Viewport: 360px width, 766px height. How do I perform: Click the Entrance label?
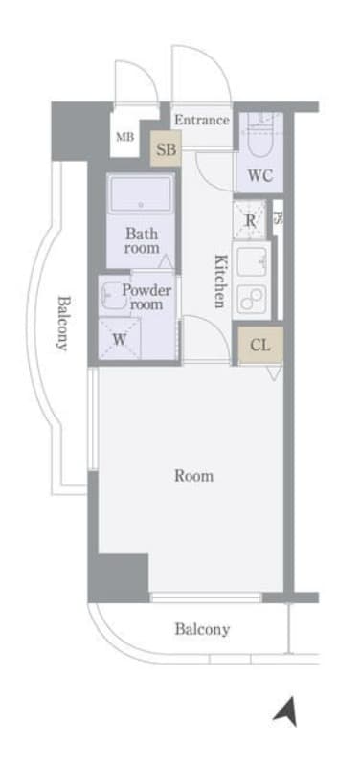[202, 120]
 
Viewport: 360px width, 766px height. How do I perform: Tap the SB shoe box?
[166, 148]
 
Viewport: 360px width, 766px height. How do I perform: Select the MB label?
[125, 137]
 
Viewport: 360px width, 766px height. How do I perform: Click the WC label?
[259, 175]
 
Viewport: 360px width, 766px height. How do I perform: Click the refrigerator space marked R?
[250, 220]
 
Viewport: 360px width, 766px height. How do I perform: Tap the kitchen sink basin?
[253, 261]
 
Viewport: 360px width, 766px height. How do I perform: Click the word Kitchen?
[219, 281]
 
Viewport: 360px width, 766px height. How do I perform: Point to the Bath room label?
[141, 239]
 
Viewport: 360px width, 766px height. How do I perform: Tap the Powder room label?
[146, 297]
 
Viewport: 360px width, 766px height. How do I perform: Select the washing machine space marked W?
[121, 338]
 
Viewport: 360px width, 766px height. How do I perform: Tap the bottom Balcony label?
[201, 629]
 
